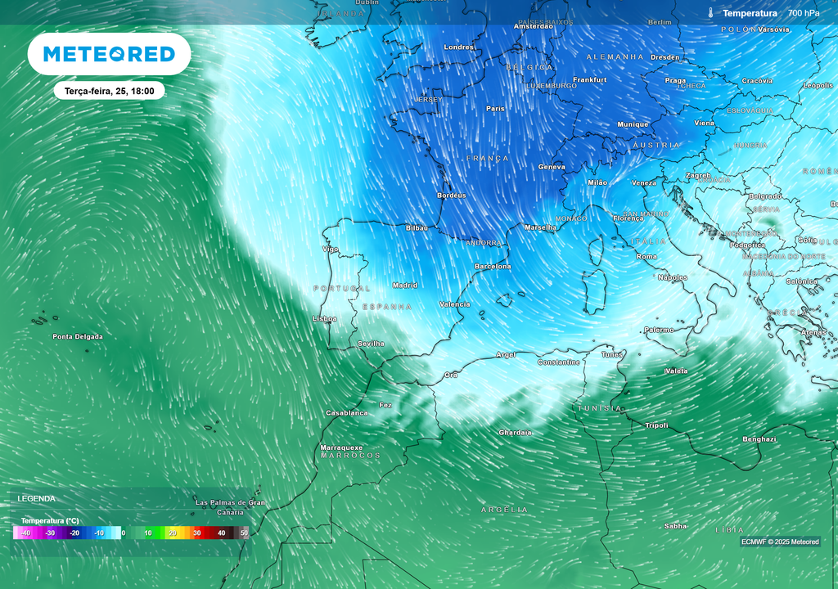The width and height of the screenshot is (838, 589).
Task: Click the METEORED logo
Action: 109,54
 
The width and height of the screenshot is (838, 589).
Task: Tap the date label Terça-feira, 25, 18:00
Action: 109,91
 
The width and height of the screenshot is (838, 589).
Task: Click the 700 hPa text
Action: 804,13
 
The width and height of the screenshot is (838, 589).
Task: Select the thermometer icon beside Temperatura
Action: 711,13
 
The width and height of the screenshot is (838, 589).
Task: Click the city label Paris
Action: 495,109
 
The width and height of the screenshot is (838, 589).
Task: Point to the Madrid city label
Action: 405,286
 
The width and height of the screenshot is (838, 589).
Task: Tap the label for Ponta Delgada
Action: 78,337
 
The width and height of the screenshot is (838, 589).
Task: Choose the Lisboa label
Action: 325,319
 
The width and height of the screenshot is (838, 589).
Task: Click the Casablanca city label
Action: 347,413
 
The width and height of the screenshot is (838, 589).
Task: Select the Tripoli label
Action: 656,425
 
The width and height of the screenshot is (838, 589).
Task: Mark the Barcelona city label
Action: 493,267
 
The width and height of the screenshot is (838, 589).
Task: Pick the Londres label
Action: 459,47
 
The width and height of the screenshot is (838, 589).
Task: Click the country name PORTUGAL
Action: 342,289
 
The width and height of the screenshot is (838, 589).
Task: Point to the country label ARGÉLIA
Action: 504,510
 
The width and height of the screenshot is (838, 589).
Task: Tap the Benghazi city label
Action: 759,439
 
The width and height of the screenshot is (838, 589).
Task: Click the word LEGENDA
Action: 37,498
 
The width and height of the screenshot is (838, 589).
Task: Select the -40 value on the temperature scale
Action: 25,533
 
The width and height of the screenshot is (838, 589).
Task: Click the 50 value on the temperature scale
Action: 244,533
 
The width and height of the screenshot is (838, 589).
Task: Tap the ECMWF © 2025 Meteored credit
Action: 780,542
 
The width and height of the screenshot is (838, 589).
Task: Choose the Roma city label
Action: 647,257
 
